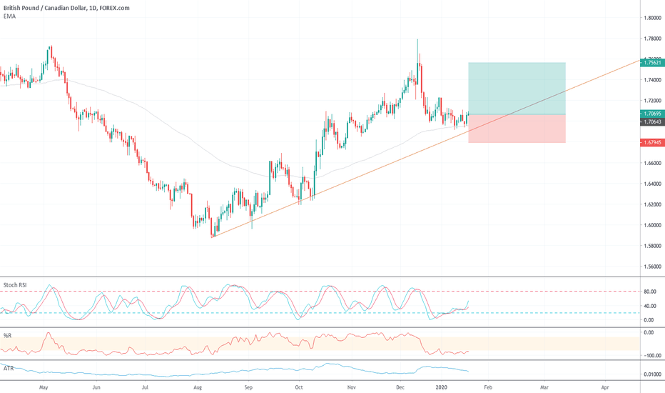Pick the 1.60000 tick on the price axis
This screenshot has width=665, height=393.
[x=651, y=225]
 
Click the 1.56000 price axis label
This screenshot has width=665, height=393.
[x=651, y=267]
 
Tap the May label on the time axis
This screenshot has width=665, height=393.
[x=44, y=387]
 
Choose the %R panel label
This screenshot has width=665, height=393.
[x=8, y=335]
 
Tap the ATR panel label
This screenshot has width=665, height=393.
[x=9, y=367]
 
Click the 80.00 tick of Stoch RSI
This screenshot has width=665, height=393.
[x=650, y=292]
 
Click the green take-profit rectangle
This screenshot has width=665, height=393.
[x=517, y=88]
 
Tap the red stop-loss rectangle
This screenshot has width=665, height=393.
[x=517, y=129]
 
